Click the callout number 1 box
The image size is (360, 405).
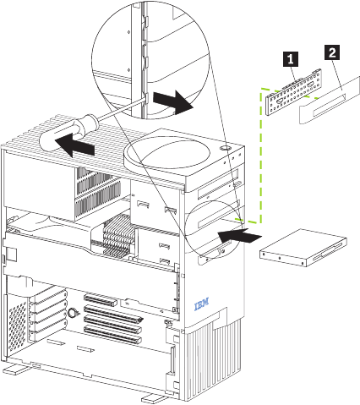(290, 59)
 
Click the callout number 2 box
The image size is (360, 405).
(332, 52)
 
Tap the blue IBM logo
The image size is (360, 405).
(202, 304)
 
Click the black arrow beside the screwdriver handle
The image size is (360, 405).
(74, 145)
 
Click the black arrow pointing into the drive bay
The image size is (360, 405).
(239, 235)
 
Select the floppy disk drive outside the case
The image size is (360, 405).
(303, 248)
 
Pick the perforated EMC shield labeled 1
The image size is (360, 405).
(294, 91)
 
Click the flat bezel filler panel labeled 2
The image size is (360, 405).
(330, 100)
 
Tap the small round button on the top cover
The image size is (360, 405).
(225, 148)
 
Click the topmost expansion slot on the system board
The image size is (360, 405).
(100, 300)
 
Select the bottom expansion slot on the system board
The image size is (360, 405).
(112, 334)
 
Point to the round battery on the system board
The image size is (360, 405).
(73, 312)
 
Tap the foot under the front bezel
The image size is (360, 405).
(155, 398)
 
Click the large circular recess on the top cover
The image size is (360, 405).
(168, 153)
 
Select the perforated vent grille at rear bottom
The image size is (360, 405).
(17, 323)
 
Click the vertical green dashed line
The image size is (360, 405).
(261, 155)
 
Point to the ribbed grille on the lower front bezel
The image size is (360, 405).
(213, 358)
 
